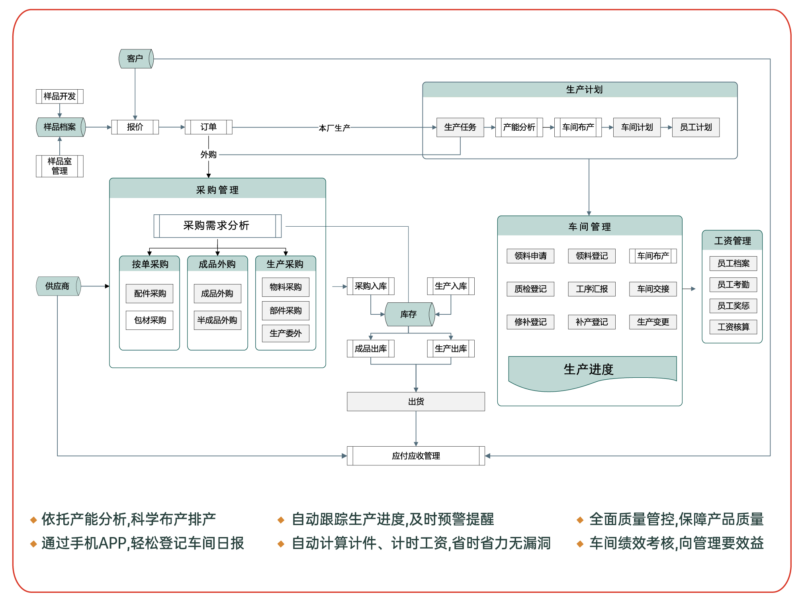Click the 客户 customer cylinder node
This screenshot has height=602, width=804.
[x=136, y=59]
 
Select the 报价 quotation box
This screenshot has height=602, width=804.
[x=135, y=127]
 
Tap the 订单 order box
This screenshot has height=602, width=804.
[x=209, y=127]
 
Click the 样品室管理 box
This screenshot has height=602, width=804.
[x=60, y=166]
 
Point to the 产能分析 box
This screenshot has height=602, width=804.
[x=519, y=127]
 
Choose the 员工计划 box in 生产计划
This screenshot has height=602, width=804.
[x=696, y=127]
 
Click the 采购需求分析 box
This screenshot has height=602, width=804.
[x=217, y=226]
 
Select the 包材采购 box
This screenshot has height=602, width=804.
[x=150, y=320]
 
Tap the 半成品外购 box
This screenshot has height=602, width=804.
[x=217, y=320]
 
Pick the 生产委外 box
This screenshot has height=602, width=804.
[x=286, y=333]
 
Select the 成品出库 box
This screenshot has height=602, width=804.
[x=371, y=349]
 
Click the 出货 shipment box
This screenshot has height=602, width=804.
[x=416, y=402]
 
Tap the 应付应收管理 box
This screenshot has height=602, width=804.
[x=416, y=456]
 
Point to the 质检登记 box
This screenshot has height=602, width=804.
[x=530, y=289]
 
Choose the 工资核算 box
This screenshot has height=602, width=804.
[x=734, y=327]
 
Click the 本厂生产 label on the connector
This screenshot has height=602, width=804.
[x=335, y=128]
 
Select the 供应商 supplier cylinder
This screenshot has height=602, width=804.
[x=59, y=286]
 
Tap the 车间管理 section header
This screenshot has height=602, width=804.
[x=590, y=226]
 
